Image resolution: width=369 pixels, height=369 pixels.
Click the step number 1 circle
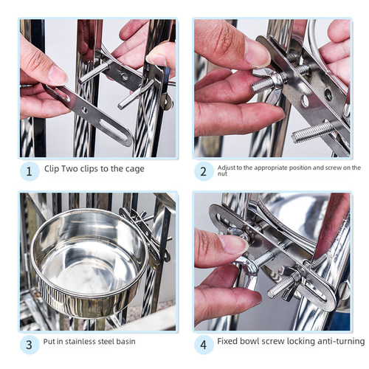click(30, 171)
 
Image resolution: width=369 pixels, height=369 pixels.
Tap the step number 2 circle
click(204, 171)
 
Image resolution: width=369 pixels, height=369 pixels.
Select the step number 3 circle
click(30, 345)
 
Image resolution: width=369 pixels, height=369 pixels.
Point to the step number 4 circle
click(204, 345)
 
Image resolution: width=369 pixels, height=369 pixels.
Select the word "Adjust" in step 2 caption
click(227, 168)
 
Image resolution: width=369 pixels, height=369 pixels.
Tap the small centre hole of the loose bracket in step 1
click(84, 110)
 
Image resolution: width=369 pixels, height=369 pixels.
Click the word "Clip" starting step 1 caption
click(52, 169)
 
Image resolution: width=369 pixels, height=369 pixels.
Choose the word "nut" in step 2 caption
click(222, 174)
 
